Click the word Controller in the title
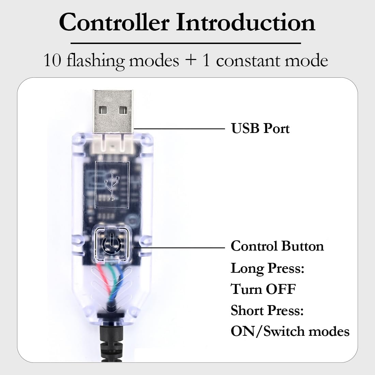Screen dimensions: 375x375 pos(114,22)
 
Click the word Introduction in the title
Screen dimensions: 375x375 pos(245,22)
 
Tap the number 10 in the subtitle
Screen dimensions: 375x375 pos(53,61)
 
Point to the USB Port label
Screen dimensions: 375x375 pos(260,129)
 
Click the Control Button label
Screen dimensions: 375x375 pos(277,246)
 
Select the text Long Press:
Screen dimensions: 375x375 pos(267,268)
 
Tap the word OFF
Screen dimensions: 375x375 pos(280,289)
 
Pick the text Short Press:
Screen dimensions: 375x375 pos(267,310)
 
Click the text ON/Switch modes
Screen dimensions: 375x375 pos(290,331)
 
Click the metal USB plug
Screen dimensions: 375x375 pos(113,109)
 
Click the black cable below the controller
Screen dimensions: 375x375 pos(108,344)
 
